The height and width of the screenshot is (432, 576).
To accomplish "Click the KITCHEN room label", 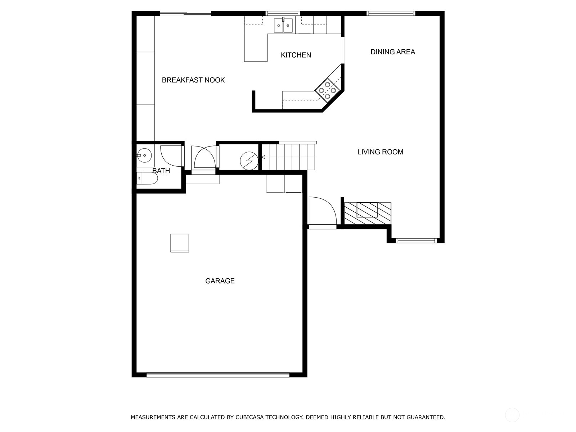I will click(x=296, y=55).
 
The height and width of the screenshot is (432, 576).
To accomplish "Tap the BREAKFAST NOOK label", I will click(x=193, y=80).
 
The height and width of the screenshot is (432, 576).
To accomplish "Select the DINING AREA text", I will click(x=392, y=52).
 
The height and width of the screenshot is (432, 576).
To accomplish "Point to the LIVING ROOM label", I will click(x=380, y=152).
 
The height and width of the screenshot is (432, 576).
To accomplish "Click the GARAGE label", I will click(x=220, y=281).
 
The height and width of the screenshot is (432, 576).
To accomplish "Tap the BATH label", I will click(x=161, y=171).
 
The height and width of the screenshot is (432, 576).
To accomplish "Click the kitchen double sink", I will click(x=283, y=26).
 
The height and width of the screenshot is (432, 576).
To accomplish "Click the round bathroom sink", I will click(x=144, y=156).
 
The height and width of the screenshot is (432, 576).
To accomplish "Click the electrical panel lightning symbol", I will click(x=249, y=161).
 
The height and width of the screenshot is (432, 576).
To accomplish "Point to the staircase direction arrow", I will click(x=264, y=157).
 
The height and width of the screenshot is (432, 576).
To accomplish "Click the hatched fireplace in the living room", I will click(x=367, y=213).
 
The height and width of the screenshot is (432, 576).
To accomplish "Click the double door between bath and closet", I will click(x=204, y=157).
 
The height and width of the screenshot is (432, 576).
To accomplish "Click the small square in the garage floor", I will click(x=180, y=243).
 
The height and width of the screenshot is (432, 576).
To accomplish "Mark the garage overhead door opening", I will click(x=218, y=374).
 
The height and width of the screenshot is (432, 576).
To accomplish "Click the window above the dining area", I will click(x=391, y=14).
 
